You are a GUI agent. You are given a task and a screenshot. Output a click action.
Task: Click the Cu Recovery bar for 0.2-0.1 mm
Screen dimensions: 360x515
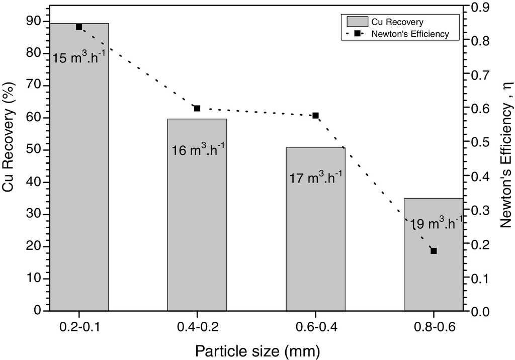(78, 201)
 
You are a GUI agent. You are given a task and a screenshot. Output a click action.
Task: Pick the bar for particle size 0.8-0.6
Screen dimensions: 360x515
(434, 282)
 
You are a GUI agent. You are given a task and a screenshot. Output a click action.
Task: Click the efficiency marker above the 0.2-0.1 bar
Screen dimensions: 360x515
(79, 27)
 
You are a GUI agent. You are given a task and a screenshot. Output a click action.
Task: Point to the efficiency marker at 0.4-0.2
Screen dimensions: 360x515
(197, 108)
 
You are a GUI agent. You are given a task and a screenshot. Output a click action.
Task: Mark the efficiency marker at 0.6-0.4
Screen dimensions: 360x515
(315, 116)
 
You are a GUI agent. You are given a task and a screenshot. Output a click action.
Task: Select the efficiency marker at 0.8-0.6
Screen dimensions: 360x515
(434, 251)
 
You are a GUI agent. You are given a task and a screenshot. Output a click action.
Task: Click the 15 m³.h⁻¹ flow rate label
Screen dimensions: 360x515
(78, 57)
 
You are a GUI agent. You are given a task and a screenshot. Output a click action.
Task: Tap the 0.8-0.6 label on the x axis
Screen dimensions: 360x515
(434, 327)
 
